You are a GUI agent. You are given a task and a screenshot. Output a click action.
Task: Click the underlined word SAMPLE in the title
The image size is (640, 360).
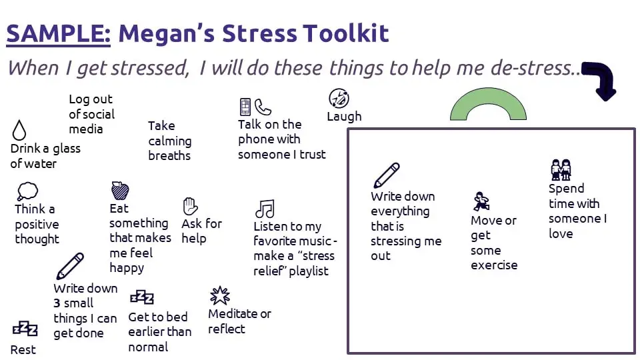(x=59, y=33)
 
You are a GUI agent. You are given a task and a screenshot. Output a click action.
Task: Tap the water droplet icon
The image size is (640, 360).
(x=19, y=130)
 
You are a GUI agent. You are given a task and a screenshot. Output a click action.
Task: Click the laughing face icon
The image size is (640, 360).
(x=339, y=99)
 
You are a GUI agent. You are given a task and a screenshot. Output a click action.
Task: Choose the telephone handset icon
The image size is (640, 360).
(x=263, y=107)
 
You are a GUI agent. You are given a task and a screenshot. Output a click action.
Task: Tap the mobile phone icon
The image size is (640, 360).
(x=245, y=107)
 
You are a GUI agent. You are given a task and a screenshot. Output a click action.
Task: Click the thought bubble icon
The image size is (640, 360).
(x=27, y=191)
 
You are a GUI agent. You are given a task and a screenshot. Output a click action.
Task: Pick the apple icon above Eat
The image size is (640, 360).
(x=120, y=190)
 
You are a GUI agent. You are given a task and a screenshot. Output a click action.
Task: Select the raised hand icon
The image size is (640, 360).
(x=190, y=206)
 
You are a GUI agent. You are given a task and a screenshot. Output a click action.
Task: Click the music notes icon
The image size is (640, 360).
(x=265, y=209)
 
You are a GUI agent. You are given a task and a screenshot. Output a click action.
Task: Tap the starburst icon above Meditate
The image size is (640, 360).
(x=219, y=295)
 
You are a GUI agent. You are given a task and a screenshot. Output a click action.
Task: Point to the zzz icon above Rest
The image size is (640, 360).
(x=25, y=329)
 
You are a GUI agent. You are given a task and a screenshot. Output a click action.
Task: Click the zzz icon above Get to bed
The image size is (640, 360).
(x=141, y=297)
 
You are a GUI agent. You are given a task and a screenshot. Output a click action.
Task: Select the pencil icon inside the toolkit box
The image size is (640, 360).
(x=386, y=175)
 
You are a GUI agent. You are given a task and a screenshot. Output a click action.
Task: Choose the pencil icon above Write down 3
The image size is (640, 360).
(x=70, y=266)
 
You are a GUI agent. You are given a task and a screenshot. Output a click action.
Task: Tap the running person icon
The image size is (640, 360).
(x=481, y=201)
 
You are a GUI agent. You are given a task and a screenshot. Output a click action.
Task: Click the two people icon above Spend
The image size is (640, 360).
(x=561, y=169)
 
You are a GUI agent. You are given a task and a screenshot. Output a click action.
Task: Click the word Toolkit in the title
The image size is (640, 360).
(x=346, y=33)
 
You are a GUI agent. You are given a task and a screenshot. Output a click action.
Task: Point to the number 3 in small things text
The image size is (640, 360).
(x=57, y=303)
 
